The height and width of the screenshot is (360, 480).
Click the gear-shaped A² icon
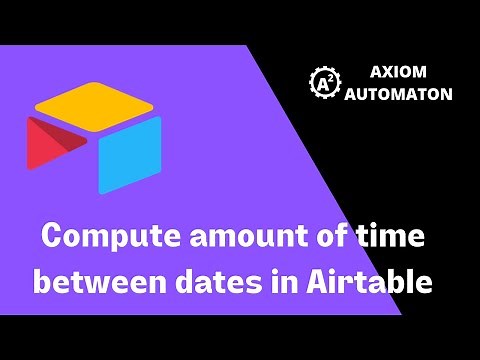[x=325, y=84]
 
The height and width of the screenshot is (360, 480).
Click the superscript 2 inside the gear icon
[x=330, y=79]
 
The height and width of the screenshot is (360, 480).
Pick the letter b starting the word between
[x=44, y=282]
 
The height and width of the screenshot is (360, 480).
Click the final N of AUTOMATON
[x=446, y=94]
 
